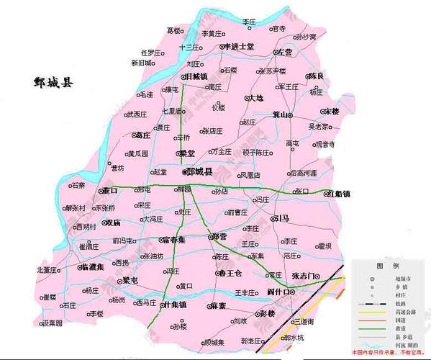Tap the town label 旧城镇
coord(196,76)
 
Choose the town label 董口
coord(110,191)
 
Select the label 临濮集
coord(94,266)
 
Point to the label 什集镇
coord(175,305)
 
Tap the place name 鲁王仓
coord(231,274)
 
